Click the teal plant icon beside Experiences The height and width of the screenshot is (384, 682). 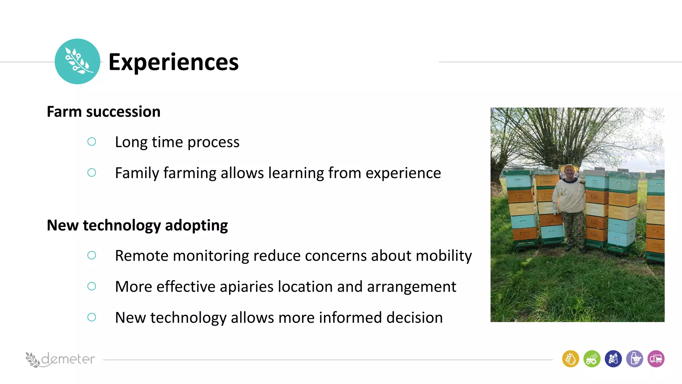(77, 61)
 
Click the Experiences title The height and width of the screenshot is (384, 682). (173, 62)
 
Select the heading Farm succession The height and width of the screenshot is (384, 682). (104, 112)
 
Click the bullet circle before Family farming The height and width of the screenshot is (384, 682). (92, 173)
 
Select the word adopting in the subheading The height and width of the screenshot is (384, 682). (196, 226)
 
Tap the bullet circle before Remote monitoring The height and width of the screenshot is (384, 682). (92, 255)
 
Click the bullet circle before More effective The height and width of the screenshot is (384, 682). (92, 286)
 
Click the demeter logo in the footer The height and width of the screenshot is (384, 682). (60, 359)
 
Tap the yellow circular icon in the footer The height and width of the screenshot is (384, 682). (570, 359)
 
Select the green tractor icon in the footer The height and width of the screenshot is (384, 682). (592, 359)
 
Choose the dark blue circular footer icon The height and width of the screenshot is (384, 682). (613, 359)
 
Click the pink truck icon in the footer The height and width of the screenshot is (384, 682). (656, 359)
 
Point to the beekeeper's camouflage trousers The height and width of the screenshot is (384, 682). (573, 230)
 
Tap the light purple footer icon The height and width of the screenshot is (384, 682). (634, 359)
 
